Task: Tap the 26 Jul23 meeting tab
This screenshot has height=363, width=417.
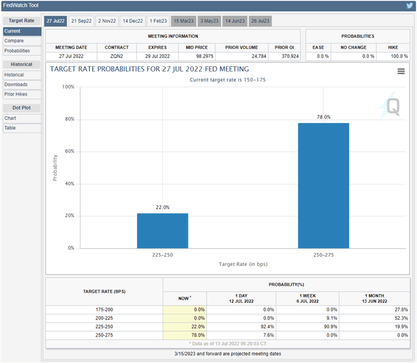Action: tap(259, 21)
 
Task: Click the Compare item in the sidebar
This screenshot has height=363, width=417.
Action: tap(14, 41)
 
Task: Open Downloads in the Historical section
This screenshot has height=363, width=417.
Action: tap(16, 84)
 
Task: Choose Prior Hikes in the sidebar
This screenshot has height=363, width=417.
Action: tap(16, 94)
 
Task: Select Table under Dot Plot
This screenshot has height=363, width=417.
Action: tap(10, 128)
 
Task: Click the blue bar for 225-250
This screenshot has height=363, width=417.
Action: tap(162, 230)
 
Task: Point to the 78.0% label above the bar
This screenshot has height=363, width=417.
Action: tap(324, 117)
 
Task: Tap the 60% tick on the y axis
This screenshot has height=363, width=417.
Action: tap(69, 151)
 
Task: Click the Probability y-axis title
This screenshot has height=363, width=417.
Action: tap(55, 167)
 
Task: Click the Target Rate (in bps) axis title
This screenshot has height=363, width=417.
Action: tap(243, 263)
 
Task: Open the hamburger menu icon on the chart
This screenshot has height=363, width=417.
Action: tap(401, 71)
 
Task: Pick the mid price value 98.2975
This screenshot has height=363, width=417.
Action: tap(198, 56)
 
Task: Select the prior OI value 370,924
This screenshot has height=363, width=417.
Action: tap(284, 56)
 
